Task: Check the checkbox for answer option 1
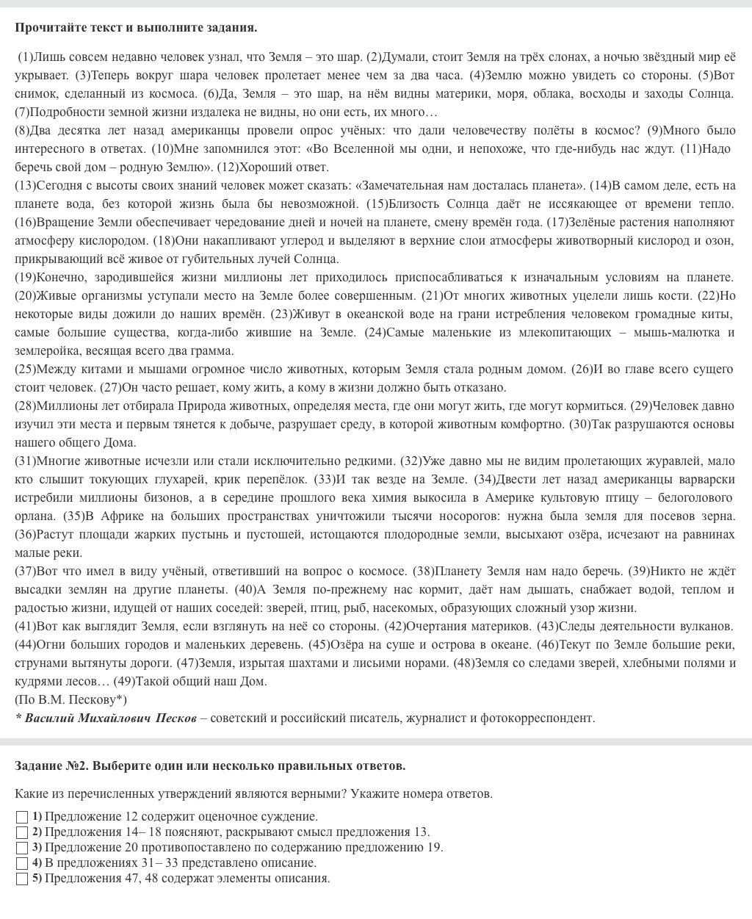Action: click(x=22, y=817)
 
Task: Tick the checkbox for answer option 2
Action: click(x=22, y=832)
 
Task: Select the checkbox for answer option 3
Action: click(x=22, y=848)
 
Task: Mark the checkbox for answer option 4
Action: click(x=22, y=863)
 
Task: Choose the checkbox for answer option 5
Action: click(x=22, y=879)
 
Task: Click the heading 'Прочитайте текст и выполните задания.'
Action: click(x=136, y=28)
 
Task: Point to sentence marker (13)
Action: click(x=24, y=185)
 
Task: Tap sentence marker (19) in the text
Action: click(x=24, y=277)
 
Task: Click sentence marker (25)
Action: click(x=24, y=369)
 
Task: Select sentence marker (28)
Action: click(x=24, y=406)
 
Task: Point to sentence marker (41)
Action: click(x=24, y=626)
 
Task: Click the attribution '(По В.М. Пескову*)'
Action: click(x=70, y=699)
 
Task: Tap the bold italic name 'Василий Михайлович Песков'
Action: click(x=110, y=718)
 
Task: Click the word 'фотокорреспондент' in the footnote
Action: click(x=537, y=718)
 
